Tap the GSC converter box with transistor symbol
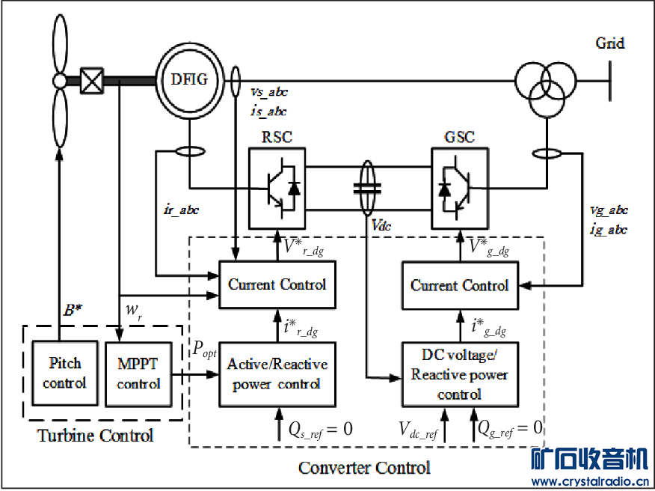tap(460, 186)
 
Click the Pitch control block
tap(64, 373)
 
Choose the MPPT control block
tap(138, 373)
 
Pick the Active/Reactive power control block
tap(277, 374)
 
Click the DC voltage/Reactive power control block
tap(460, 374)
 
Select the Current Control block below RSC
tap(277, 285)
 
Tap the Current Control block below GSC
tap(460, 285)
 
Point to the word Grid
tap(609, 43)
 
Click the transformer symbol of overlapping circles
tap(545, 79)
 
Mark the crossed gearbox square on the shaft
tap(91, 79)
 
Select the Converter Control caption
tap(364, 468)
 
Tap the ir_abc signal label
tap(182, 210)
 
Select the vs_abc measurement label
tap(268, 92)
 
